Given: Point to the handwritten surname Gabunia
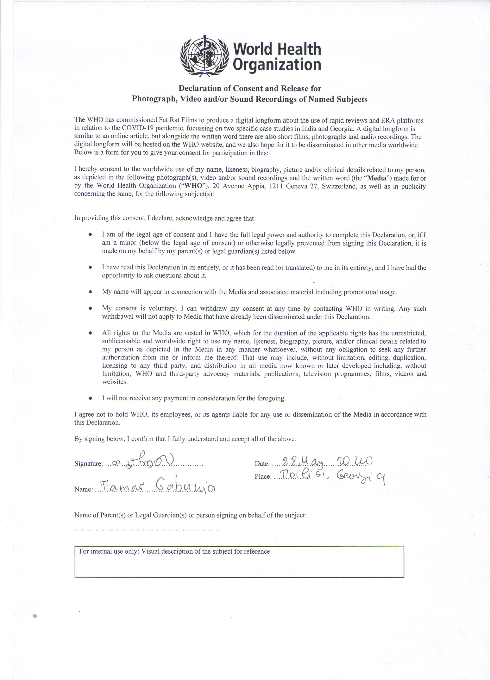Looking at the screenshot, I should point(186,488).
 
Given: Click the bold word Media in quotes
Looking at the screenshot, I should point(376,178).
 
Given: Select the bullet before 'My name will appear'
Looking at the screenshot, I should point(90,292).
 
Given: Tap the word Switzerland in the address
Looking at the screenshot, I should point(340,186).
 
